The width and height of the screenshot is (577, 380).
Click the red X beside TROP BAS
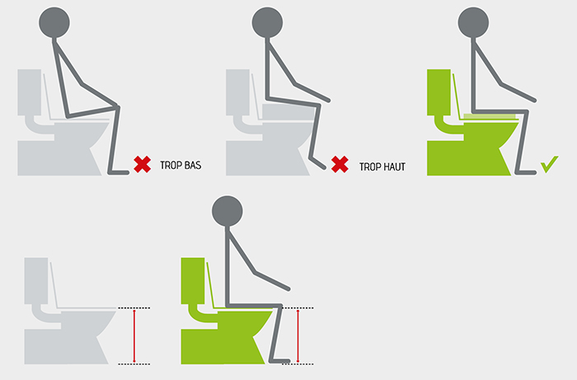[143, 164]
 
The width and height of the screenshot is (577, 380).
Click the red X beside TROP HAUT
[340, 164]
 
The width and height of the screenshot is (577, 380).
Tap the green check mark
[550, 164]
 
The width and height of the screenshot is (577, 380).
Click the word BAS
[193, 165]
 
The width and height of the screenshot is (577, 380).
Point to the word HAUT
[394, 167]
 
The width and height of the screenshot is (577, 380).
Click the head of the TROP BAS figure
[54, 22]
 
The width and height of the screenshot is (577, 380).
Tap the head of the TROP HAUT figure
[268, 22]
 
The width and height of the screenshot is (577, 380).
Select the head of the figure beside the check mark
[474, 22]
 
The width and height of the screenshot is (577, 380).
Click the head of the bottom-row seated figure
[228, 211]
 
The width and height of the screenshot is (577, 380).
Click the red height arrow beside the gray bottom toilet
[134, 336]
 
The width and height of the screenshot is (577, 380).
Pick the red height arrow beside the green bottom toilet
[298, 336]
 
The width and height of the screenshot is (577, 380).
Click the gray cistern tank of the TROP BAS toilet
[30, 92]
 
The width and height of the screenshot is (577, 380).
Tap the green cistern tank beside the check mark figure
[439, 92]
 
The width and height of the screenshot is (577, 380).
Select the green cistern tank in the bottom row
[193, 281]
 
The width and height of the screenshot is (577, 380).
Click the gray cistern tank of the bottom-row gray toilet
[36, 281]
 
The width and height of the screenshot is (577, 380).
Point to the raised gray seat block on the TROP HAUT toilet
[288, 112]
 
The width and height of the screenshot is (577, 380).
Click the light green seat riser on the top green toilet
[490, 116]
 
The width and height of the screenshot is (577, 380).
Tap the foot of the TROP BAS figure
[119, 172]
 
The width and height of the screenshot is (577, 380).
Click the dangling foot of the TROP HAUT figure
[317, 163]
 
